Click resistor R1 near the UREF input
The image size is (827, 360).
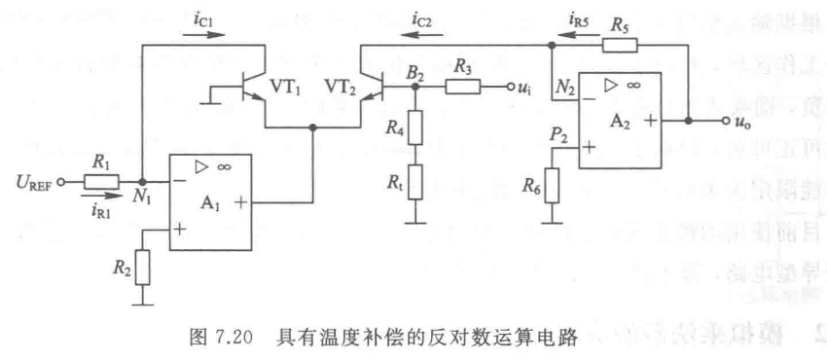101,181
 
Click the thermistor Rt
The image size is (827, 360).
416,181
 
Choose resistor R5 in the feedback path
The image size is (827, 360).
619,44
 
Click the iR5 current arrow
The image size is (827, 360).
584,29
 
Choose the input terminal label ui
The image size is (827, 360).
525,89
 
